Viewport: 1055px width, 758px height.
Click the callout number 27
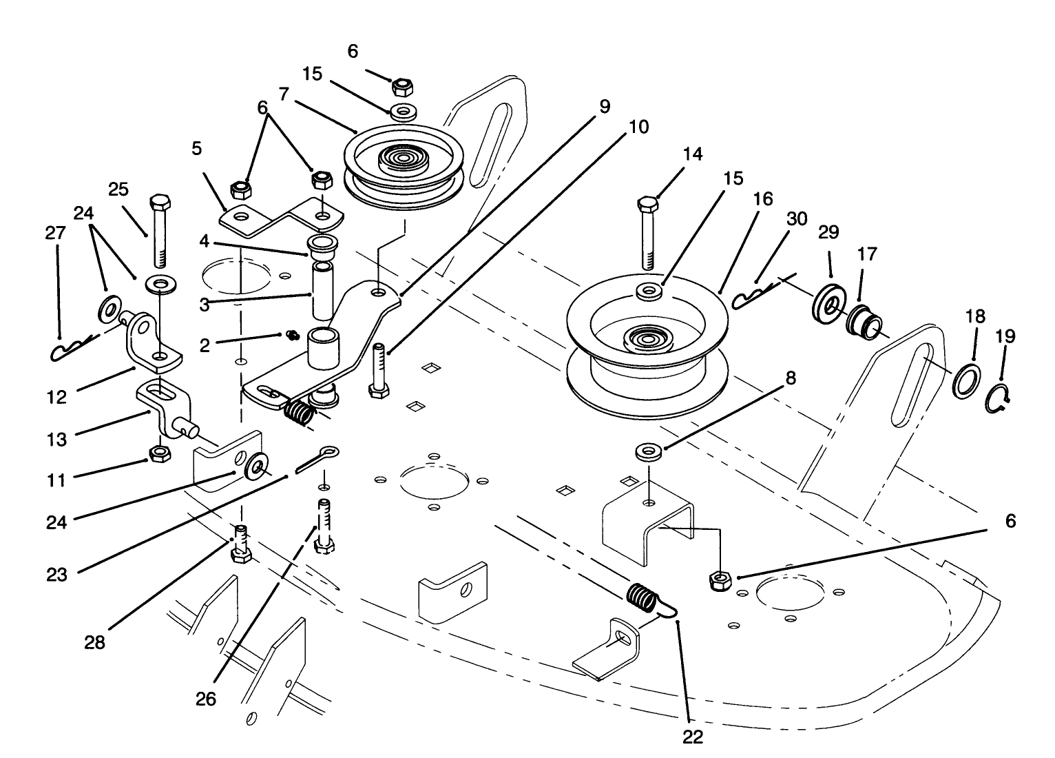(x=55, y=233)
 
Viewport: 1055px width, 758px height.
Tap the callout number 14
(x=693, y=154)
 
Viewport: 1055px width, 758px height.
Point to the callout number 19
(x=1005, y=336)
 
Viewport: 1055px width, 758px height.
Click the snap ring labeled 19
(x=999, y=398)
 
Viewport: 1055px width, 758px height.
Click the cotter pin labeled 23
(x=318, y=458)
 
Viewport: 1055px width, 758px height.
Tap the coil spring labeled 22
(x=645, y=597)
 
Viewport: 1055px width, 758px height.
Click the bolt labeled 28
(x=240, y=544)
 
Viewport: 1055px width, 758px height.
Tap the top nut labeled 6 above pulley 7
(x=402, y=87)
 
